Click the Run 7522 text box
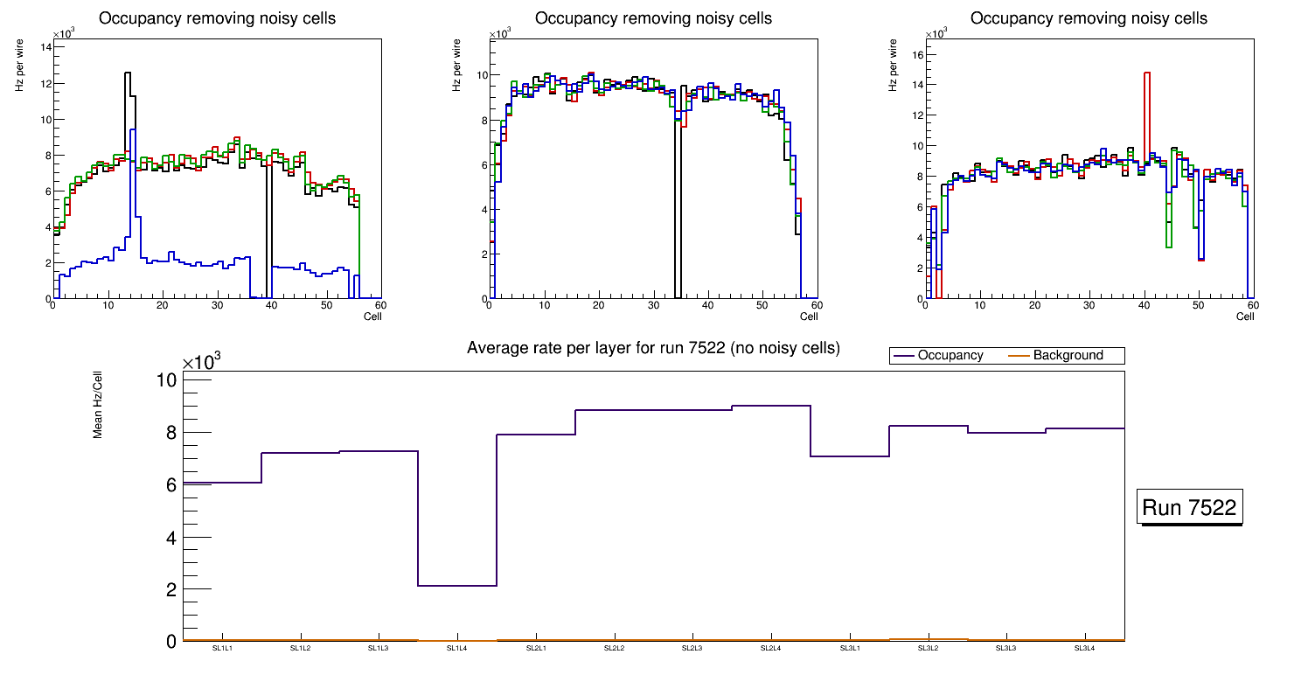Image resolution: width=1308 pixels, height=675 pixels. pyautogui.click(x=1191, y=508)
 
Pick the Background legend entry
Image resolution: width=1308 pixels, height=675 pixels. pyautogui.click(x=1068, y=356)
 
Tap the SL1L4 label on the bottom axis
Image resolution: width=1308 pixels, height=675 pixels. pyautogui.click(x=457, y=649)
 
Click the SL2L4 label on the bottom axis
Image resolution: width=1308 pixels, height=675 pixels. pyautogui.click(x=770, y=649)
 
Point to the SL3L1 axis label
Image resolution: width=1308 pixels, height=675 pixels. pyautogui.click(x=849, y=649)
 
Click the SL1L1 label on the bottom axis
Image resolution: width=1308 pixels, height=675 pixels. pyautogui.click(x=222, y=649)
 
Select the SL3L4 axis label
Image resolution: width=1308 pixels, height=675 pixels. pyautogui.click(x=1084, y=649)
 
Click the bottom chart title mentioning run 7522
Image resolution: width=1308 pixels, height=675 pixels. pyautogui.click(x=653, y=348)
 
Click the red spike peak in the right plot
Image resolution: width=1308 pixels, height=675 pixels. pyautogui.click(x=1146, y=73)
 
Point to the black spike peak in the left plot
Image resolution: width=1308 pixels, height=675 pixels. pyautogui.click(x=128, y=73)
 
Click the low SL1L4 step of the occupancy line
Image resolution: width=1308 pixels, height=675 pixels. pyautogui.click(x=457, y=586)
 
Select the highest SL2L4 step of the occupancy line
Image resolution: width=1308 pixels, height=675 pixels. pyautogui.click(x=770, y=406)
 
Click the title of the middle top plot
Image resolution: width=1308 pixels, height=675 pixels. pyautogui.click(x=653, y=18)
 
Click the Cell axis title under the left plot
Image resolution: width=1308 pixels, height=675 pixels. pyautogui.click(x=372, y=317)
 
